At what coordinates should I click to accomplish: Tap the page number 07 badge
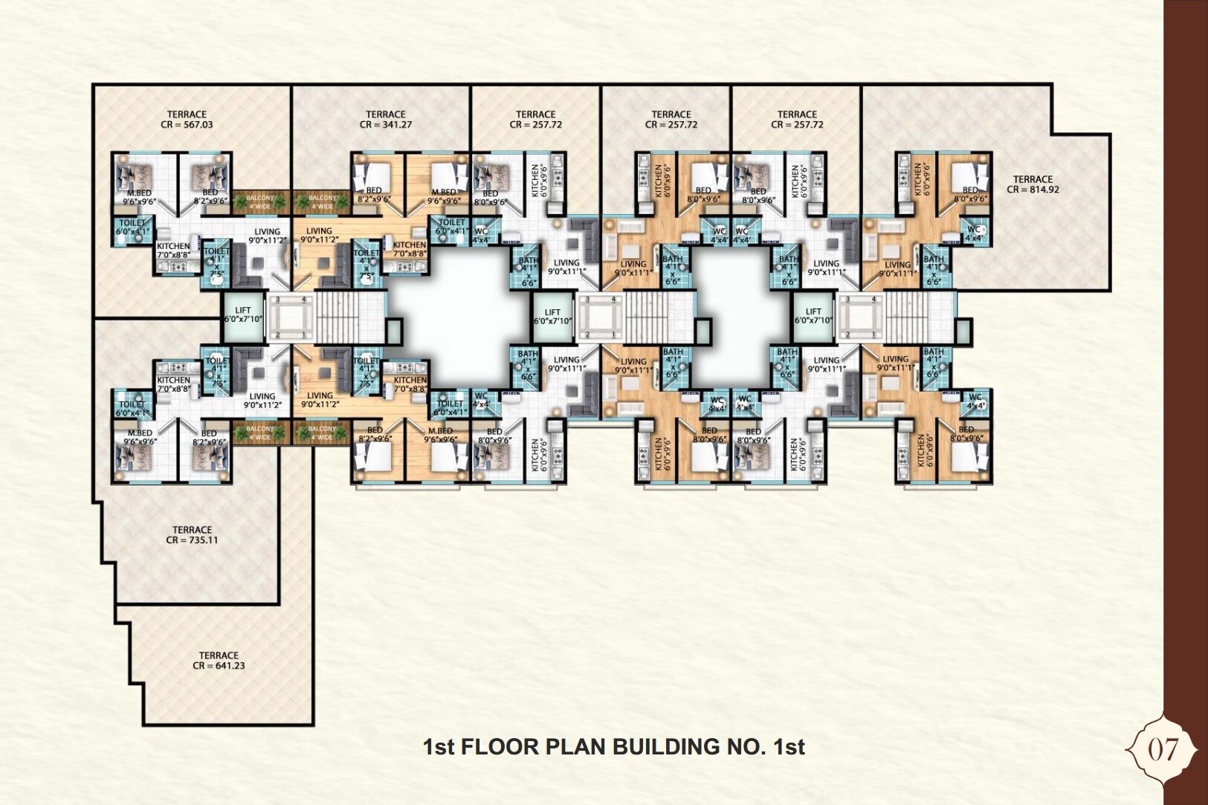1163,749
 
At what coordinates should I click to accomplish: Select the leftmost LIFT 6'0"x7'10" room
243,314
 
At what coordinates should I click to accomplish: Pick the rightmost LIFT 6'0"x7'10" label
813,316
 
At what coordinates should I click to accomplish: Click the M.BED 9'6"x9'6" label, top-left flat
139,197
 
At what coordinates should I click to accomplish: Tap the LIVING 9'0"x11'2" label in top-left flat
267,236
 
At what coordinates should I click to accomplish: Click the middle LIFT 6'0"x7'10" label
552,317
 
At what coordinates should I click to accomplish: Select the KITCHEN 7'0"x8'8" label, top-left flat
173,250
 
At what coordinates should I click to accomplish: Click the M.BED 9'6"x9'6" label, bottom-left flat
139,437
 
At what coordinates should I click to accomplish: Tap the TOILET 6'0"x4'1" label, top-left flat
132,227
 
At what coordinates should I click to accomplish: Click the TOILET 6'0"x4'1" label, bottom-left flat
132,409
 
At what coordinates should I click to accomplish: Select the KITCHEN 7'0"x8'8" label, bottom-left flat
173,384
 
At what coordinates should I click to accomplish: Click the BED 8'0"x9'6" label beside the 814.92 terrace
970,194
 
